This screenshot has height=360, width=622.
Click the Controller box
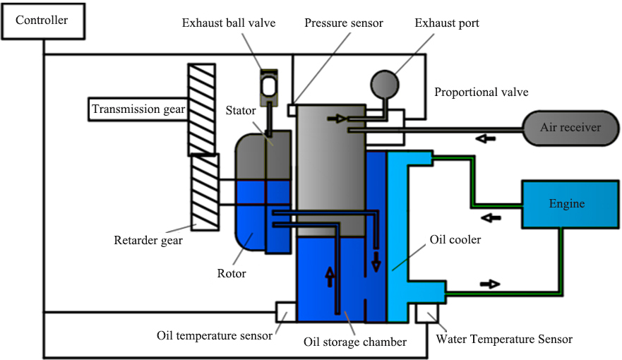click(x=42, y=20)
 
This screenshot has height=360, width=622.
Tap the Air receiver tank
click(x=570, y=128)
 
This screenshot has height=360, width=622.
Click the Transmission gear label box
click(x=138, y=109)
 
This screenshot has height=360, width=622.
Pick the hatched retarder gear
click(x=204, y=191)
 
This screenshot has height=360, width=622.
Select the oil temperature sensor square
click(x=285, y=311)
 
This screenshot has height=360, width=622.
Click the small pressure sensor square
click(x=292, y=109)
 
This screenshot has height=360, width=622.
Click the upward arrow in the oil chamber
click(x=330, y=276)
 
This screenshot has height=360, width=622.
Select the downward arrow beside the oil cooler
click(x=376, y=261)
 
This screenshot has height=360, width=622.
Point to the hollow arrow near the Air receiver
click(x=485, y=138)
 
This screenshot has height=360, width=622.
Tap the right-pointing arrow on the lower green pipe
click(x=490, y=284)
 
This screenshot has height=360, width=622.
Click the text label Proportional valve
click(x=481, y=92)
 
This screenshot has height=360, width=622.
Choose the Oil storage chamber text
click(x=354, y=342)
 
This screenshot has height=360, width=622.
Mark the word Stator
click(x=241, y=111)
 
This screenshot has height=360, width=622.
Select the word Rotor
click(x=232, y=273)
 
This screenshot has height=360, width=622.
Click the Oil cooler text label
click(x=455, y=239)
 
